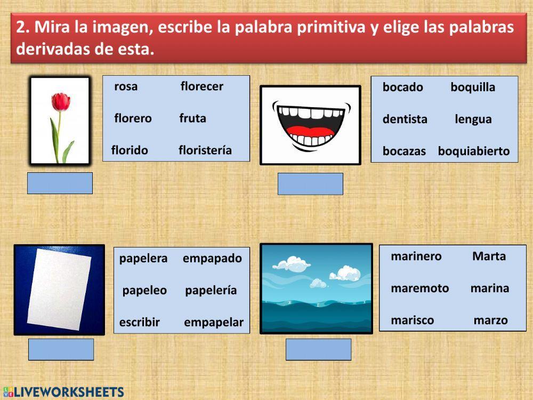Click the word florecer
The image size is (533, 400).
201,86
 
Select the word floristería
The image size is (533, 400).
205,150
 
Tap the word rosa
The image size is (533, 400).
126,86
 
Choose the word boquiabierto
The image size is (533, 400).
473,151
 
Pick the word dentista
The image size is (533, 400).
405,119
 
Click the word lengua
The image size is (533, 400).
473,119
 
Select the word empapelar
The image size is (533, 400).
213,322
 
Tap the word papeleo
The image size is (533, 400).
144,291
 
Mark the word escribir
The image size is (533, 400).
139,322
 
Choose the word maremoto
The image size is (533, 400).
419,289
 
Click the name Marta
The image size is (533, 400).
489,257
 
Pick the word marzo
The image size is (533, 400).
490,321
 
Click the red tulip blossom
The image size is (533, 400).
61,101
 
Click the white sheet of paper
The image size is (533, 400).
59,290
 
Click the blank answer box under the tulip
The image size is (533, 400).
60,183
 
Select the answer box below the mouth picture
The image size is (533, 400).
310,184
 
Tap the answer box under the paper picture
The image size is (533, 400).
61,349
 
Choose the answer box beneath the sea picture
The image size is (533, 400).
318,349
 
